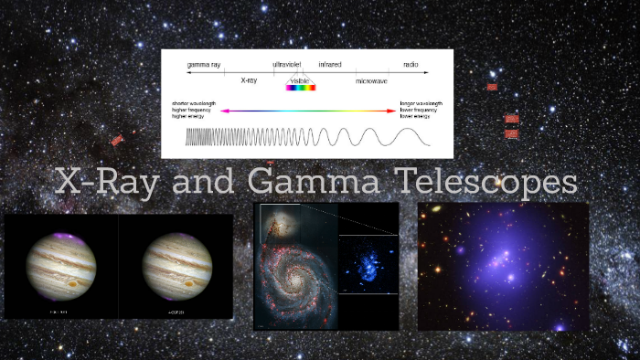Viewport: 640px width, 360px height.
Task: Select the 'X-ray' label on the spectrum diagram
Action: point(249,80)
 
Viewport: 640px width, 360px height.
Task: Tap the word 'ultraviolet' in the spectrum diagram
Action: point(286,65)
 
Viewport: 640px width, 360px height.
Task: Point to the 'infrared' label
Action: point(329,65)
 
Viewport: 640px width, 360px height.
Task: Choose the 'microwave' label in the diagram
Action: point(371,80)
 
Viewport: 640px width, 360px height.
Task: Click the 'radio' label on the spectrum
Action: point(411,65)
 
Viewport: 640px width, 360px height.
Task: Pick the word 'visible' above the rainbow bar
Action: point(301,79)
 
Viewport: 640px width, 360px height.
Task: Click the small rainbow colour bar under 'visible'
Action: point(301,88)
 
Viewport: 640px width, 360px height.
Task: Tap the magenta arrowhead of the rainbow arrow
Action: point(223,111)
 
